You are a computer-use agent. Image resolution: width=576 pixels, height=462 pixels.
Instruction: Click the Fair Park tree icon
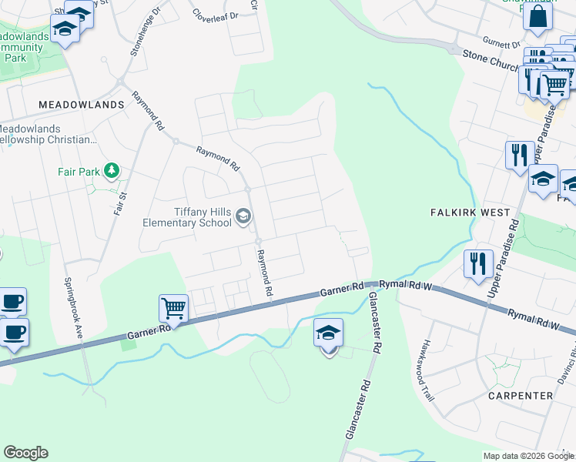point(112,169)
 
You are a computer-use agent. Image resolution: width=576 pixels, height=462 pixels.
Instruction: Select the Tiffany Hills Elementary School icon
point(243,216)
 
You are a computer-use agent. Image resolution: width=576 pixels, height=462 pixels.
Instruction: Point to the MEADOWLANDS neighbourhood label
point(82,105)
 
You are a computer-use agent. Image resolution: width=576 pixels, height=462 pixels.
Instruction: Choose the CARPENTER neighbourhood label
point(521,395)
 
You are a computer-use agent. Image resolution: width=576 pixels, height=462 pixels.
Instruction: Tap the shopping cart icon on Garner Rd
point(173,309)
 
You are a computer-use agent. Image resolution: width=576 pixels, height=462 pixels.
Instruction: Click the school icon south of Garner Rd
point(329,333)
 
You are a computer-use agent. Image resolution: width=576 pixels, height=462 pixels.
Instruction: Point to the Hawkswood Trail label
point(428,373)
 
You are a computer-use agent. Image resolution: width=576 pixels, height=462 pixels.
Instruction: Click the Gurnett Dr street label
point(502,43)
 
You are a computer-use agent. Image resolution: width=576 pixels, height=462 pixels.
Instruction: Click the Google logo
point(25,453)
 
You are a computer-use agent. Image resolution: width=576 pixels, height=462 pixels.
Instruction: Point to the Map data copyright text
point(527,456)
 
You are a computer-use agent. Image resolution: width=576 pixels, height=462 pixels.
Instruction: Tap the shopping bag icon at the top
point(537,15)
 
